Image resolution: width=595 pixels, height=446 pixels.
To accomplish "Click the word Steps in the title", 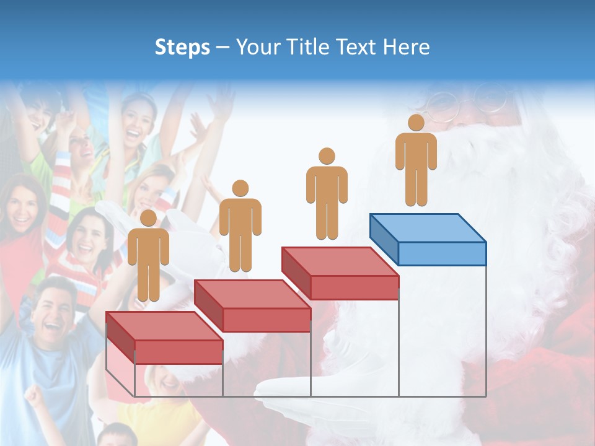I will (182, 47).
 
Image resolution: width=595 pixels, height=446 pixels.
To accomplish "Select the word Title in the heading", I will (309, 47).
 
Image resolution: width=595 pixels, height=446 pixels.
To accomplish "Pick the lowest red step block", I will (164, 339).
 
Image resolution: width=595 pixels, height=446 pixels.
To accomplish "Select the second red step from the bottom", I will (252, 307).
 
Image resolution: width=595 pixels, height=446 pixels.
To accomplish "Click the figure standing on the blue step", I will (416, 161).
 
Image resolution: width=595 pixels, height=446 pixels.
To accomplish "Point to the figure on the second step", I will (240, 226).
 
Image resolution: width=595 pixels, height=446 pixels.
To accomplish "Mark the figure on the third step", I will (327, 194).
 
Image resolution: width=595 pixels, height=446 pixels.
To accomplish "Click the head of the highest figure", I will (416, 123).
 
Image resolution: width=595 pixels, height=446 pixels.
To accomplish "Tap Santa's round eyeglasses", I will (471, 105).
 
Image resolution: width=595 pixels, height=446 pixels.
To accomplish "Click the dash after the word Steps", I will (223, 47).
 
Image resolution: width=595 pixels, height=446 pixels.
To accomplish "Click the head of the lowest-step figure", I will (148, 218).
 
